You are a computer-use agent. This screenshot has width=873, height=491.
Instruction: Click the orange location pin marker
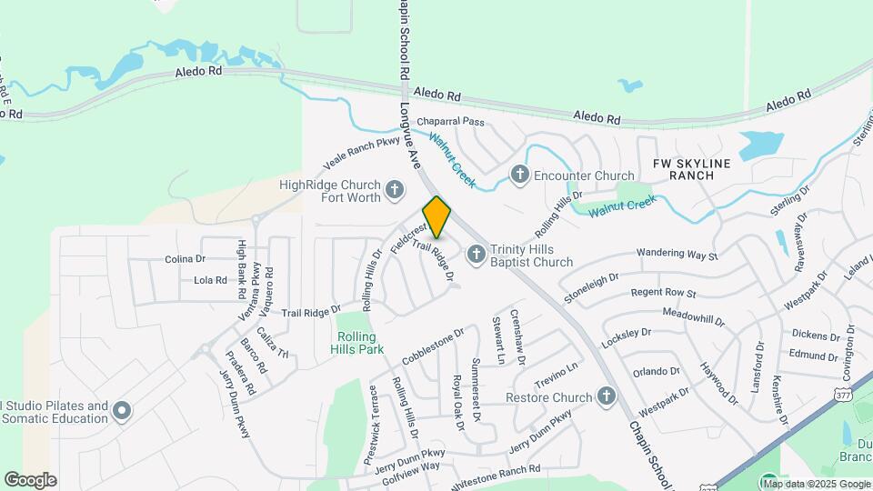[x=436, y=216]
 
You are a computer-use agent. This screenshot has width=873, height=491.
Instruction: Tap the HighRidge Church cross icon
[x=395, y=190]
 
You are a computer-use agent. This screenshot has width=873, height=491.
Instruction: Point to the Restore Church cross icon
[x=607, y=396]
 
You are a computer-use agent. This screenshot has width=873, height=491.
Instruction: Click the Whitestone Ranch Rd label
[x=497, y=470]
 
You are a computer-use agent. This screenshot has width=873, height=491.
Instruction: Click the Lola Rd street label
[x=210, y=280]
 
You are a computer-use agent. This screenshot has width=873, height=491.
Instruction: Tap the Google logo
[x=30, y=480]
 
